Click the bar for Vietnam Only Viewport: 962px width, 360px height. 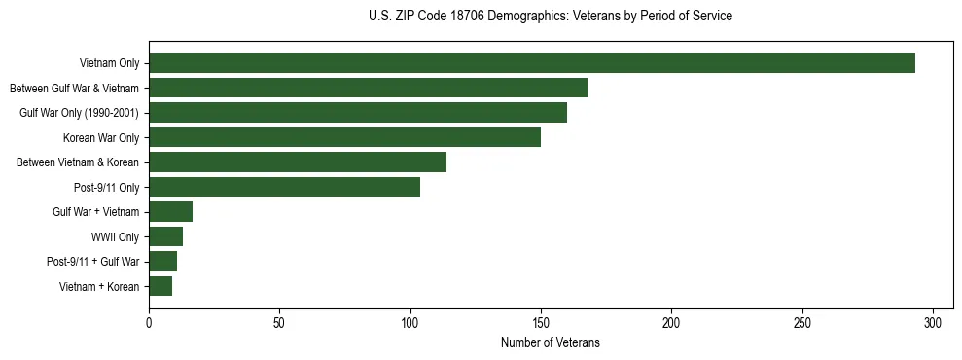532,63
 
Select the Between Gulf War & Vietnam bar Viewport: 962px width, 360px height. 368,89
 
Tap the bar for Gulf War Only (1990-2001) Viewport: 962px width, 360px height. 358,113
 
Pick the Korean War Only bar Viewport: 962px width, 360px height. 344,137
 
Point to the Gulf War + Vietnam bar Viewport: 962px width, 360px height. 170,211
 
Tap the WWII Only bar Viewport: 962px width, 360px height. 165,236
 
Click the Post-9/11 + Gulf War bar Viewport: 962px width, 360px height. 162,261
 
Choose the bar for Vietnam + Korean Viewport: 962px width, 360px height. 160,286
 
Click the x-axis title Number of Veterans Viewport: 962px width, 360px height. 551,343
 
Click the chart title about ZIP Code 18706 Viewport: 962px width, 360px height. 551,17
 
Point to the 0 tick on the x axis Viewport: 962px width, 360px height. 149,322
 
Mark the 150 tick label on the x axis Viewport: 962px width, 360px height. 541,322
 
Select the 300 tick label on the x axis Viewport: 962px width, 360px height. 933,322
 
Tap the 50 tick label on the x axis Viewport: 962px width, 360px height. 279,322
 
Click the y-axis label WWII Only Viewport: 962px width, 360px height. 115,236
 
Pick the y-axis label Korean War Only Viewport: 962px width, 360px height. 101,138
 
